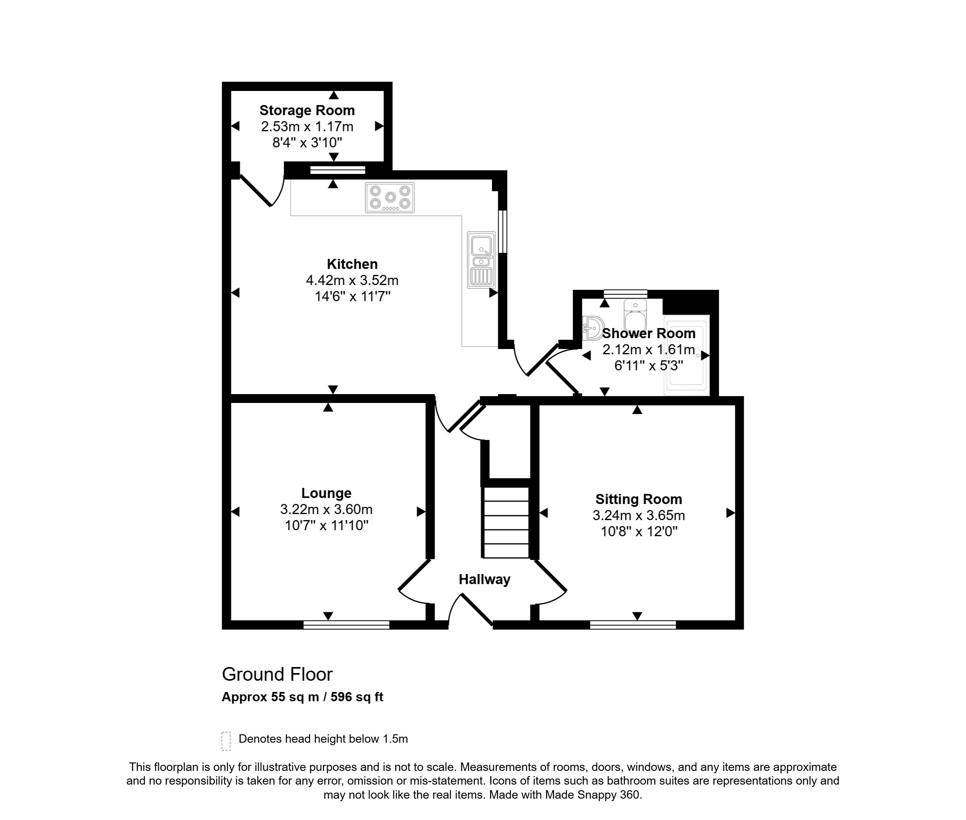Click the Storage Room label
[x=307, y=110]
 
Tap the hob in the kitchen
[x=390, y=198]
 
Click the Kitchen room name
[x=352, y=264]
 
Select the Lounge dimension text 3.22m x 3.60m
[x=326, y=510]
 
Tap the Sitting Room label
[x=639, y=499]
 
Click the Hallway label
[x=484, y=579]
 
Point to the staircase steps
[x=506, y=523]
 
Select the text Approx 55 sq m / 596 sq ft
[x=302, y=697]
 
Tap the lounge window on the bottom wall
[x=346, y=625]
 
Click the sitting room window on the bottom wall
[x=633, y=625]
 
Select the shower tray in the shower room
[x=687, y=355]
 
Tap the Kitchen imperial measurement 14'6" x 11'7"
[x=352, y=296]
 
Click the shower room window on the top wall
[x=625, y=294]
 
